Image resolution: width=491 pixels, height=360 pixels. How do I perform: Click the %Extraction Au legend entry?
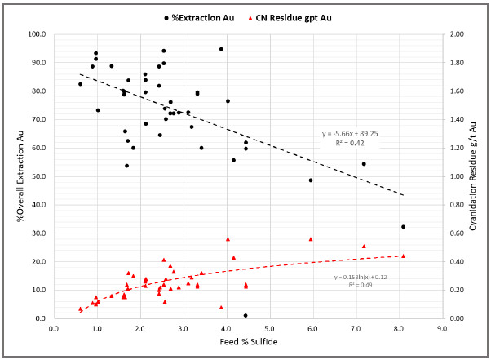(x=199, y=18)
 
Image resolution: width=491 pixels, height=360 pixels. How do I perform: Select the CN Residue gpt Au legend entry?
(x=290, y=18)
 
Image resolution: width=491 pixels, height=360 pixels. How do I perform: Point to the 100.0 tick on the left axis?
(x=37, y=33)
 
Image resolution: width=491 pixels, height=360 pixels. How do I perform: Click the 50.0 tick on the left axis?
(x=38, y=176)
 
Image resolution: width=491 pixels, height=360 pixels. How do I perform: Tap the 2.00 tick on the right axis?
(x=457, y=33)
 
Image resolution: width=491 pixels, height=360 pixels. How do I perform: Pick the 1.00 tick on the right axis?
(x=457, y=176)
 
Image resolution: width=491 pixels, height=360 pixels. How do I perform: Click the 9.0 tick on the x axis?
(x=442, y=329)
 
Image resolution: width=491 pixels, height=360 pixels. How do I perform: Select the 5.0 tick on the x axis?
(x=270, y=329)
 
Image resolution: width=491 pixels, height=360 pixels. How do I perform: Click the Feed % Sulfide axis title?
(x=249, y=341)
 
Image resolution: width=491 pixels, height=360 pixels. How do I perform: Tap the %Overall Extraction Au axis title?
(x=20, y=176)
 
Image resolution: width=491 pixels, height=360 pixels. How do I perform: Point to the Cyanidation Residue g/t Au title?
(x=472, y=176)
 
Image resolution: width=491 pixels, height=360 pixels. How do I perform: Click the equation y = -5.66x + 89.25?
(x=350, y=134)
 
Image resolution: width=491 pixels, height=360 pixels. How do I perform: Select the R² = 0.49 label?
(x=361, y=285)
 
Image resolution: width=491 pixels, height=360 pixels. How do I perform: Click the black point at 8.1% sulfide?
(x=403, y=226)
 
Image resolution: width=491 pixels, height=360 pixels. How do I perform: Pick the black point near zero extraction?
(x=245, y=315)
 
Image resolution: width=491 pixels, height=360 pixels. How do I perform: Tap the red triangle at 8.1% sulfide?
(x=403, y=256)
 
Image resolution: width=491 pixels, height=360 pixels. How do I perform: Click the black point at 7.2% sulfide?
(x=364, y=164)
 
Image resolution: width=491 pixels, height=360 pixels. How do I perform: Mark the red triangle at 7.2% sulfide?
(x=364, y=247)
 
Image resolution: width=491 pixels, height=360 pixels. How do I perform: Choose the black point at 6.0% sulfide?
(x=311, y=180)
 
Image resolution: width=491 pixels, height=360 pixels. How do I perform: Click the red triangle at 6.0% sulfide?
(x=311, y=239)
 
